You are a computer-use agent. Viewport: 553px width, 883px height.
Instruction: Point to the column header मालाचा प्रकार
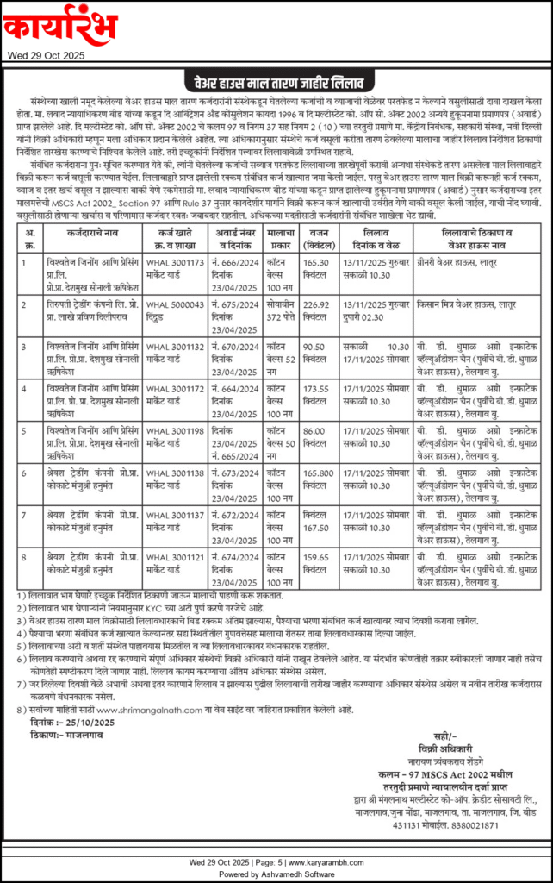pos(281,237)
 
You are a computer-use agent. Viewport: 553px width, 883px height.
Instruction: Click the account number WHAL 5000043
pos(172,303)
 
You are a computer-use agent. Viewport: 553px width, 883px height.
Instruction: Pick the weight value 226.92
pos(319,303)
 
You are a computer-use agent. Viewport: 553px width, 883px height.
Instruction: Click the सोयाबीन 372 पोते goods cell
pos(281,310)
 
